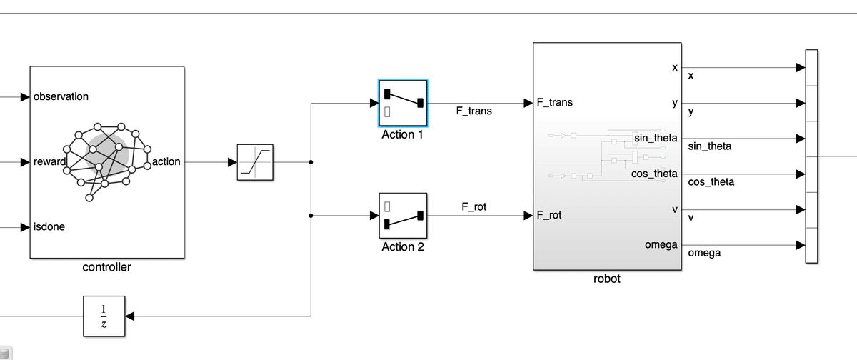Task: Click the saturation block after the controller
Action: click(256, 162)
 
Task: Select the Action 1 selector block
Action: click(403, 103)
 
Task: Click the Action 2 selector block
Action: click(403, 216)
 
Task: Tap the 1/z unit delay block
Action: click(104, 315)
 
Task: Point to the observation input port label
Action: click(61, 96)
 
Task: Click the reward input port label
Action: click(49, 162)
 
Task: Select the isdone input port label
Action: click(49, 227)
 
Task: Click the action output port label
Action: click(166, 162)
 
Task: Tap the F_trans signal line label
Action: click(473, 111)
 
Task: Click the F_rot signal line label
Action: click(473, 207)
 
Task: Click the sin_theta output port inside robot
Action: click(655, 138)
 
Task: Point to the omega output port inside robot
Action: click(661, 245)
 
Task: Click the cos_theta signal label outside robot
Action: click(711, 182)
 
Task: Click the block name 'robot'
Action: click(607, 279)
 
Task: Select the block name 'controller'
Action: click(107, 267)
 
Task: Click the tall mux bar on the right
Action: click(811, 156)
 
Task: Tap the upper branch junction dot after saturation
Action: click(311, 162)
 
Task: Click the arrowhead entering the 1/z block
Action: click(130, 315)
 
